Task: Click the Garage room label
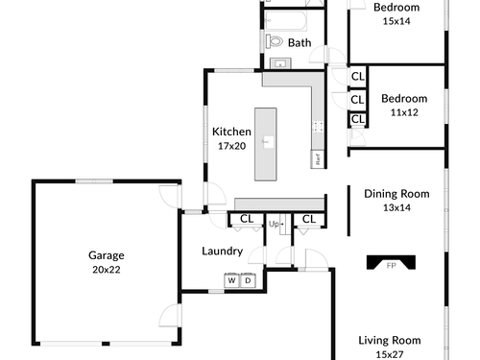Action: coord(107,255)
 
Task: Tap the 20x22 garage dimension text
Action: coord(107,270)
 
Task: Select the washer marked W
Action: coord(231,280)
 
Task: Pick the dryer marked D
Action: coord(248,280)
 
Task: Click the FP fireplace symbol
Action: coord(391,262)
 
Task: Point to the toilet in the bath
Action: coord(275,41)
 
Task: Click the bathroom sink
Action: coord(280,63)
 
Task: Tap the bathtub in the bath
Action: coord(286,21)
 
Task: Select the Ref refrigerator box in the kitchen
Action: coord(318,159)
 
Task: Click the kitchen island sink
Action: coord(268,141)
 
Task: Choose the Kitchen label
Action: coord(231,132)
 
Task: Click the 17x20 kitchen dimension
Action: coord(231,146)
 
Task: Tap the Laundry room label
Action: coord(223,252)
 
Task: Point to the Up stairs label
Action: coord(274,224)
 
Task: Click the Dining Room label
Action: coord(396,194)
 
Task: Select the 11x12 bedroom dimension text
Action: coord(404,112)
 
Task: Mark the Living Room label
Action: coord(390,341)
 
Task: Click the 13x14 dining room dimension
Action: coord(396,207)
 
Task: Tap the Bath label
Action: coord(300,43)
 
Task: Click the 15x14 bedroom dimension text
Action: coord(396,21)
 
